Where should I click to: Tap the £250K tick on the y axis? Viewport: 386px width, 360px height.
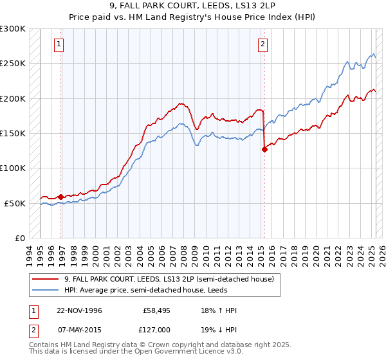point(12,64)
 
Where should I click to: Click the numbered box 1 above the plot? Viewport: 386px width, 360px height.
point(59,44)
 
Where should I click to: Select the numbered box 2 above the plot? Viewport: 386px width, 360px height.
point(262,44)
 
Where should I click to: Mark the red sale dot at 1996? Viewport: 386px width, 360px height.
point(61,197)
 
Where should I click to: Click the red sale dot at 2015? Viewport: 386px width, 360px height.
point(264,149)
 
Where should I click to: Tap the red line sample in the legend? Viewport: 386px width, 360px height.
point(46,279)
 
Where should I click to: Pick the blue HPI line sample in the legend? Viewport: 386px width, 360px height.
point(46,290)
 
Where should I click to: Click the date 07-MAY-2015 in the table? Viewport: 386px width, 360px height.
point(79,329)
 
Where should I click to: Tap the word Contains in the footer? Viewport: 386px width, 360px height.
point(46,346)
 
